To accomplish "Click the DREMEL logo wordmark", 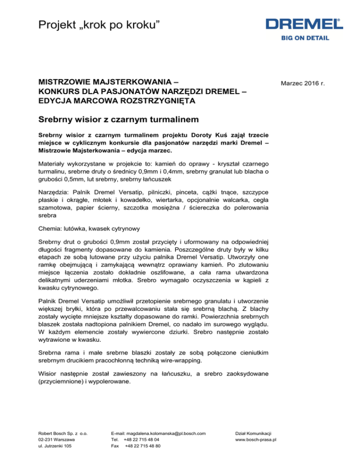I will click(x=303, y=23).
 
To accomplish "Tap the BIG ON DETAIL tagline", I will click(x=305, y=38).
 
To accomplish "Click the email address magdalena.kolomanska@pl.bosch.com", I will click(x=159, y=434).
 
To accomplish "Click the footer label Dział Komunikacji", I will click(x=255, y=434).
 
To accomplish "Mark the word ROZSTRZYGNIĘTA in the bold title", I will click(x=149, y=100).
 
